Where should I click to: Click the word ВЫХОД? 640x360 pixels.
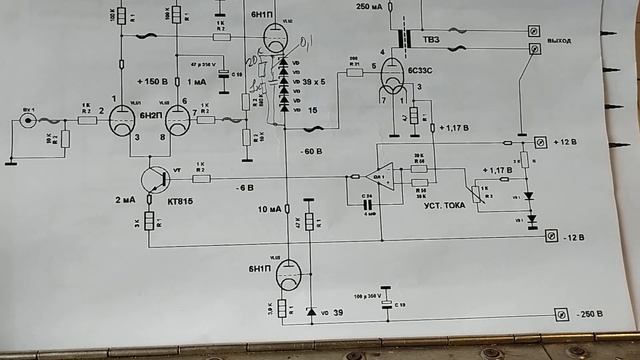[x=560, y=41]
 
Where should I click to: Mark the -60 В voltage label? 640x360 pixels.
[x=310, y=152]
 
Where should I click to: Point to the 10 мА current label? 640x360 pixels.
[x=270, y=208]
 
